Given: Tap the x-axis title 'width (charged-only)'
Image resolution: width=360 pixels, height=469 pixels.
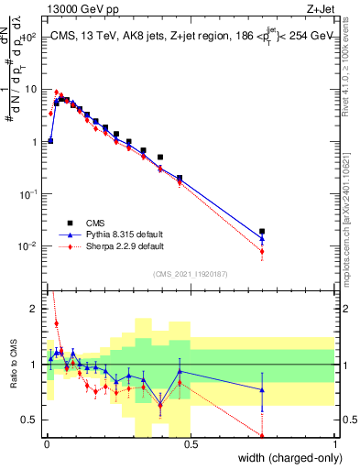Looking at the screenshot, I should click(x=289, y=458).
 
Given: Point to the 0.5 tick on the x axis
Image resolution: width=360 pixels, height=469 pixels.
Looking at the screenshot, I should click(x=190, y=445).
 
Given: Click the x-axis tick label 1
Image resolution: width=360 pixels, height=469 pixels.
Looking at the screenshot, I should click(x=335, y=445).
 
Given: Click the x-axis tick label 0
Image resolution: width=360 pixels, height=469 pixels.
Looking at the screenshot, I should click(x=46, y=445).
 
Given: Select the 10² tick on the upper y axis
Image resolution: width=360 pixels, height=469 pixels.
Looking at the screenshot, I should click(x=30, y=38).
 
